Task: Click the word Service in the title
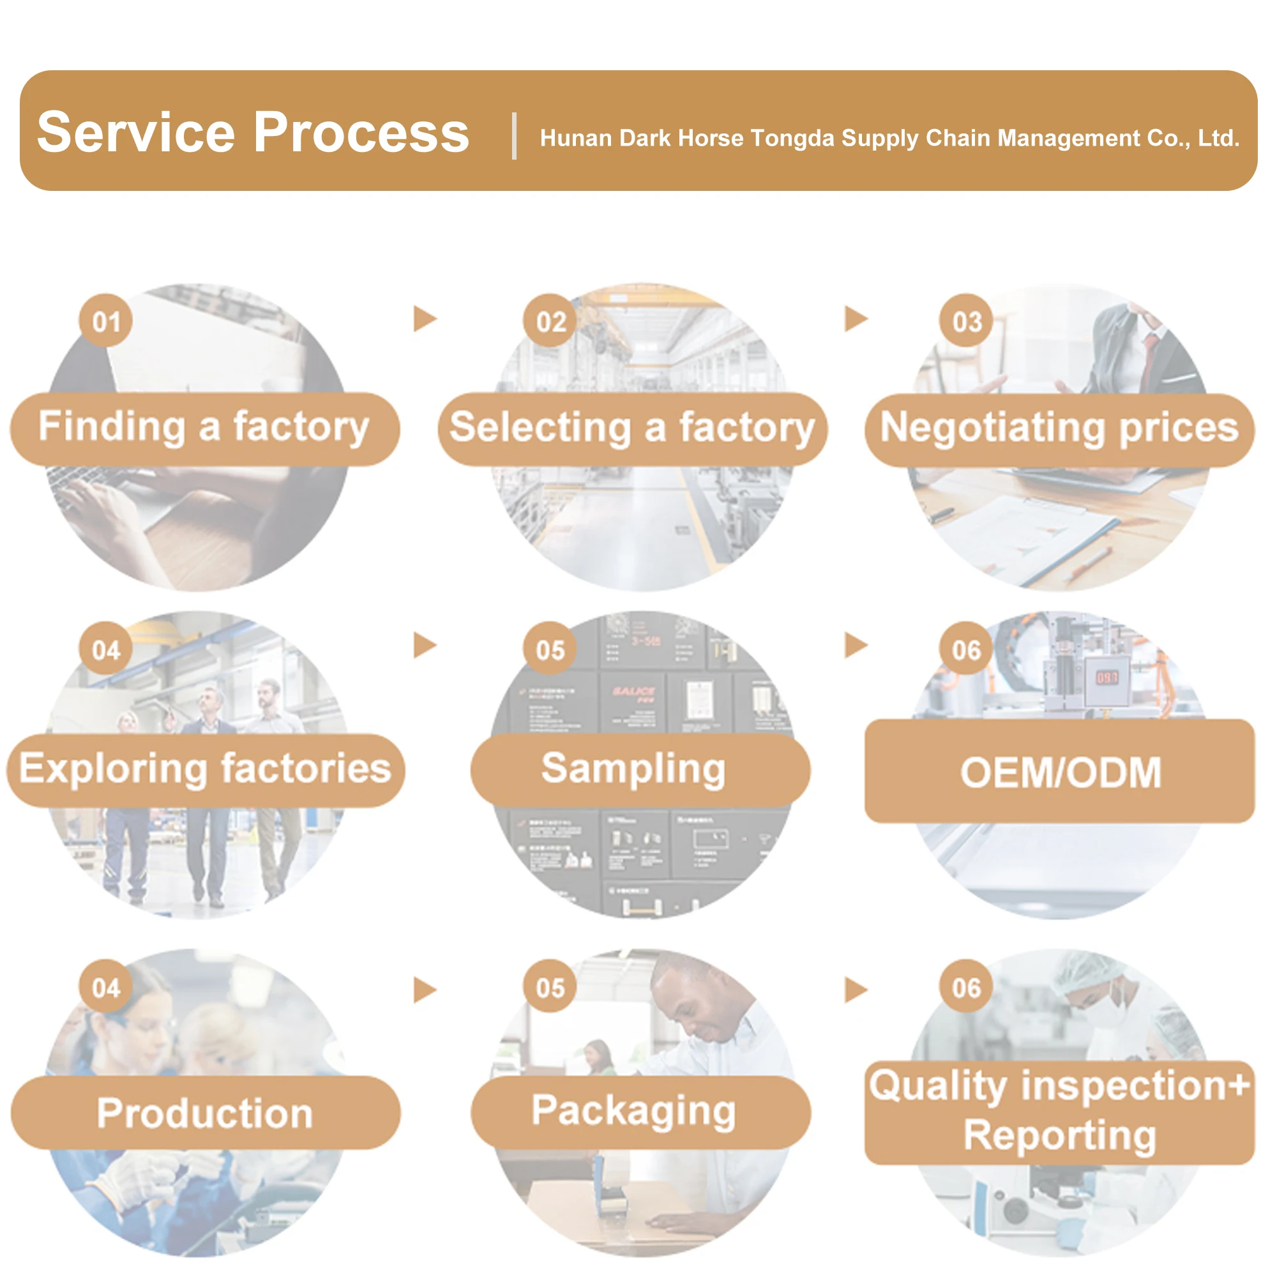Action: [x=135, y=133]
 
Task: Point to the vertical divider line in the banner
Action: [x=514, y=136]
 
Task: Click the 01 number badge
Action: [x=106, y=321]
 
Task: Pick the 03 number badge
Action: [x=966, y=321]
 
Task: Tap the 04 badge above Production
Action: [x=106, y=988]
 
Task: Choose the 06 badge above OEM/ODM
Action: [x=965, y=651]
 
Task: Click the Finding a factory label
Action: [x=204, y=427]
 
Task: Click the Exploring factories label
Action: [x=205, y=769]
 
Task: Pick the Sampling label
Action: [x=633, y=769]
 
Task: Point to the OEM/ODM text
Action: [x=1060, y=772]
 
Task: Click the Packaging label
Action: [x=633, y=1110]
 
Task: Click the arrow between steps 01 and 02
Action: [x=425, y=319]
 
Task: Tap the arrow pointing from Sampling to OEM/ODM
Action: [x=856, y=645]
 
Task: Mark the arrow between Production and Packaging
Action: [x=425, y=990]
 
